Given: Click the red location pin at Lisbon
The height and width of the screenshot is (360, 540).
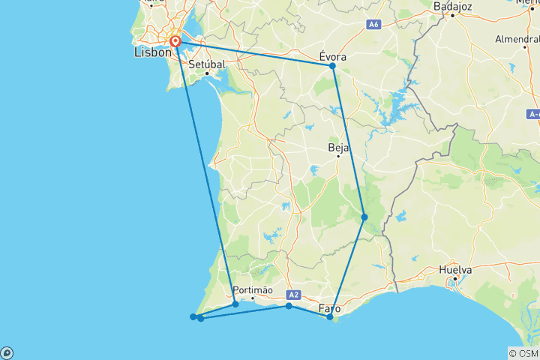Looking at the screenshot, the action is click(175, 41).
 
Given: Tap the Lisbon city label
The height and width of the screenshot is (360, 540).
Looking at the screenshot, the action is click(152, 53).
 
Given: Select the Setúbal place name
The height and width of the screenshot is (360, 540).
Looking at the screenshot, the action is click(205, 64).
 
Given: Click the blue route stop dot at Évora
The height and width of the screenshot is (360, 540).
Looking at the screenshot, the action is click(332, 66).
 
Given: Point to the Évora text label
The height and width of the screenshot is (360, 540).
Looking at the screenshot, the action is click(333, 55).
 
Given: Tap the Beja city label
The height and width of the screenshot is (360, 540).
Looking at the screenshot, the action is click(339, 148).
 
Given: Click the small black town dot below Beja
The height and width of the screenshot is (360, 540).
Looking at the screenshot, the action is click(338, 156).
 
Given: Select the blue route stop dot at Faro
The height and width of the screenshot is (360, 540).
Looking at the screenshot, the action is click(330, 317).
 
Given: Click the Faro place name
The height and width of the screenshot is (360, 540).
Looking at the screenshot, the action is click(330, 308).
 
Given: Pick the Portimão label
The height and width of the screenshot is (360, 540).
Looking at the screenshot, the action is click(253, 290).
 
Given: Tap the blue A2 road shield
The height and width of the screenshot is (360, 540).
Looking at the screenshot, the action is click(293, 295).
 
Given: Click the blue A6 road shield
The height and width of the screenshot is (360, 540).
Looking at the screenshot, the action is click(373, 25).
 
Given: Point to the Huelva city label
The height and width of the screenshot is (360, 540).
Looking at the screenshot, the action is click(456, 270).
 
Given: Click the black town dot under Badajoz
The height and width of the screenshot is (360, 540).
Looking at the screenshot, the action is click(452, 14).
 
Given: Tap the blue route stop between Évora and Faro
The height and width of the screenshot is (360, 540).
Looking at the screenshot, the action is click(364, 217).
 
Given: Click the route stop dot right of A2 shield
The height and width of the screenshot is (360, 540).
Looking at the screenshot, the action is click(289, 306).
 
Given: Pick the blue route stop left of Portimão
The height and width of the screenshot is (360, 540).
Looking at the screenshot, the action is click(235, 304).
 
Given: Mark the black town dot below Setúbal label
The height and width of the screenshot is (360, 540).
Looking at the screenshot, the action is click(206, 73).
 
